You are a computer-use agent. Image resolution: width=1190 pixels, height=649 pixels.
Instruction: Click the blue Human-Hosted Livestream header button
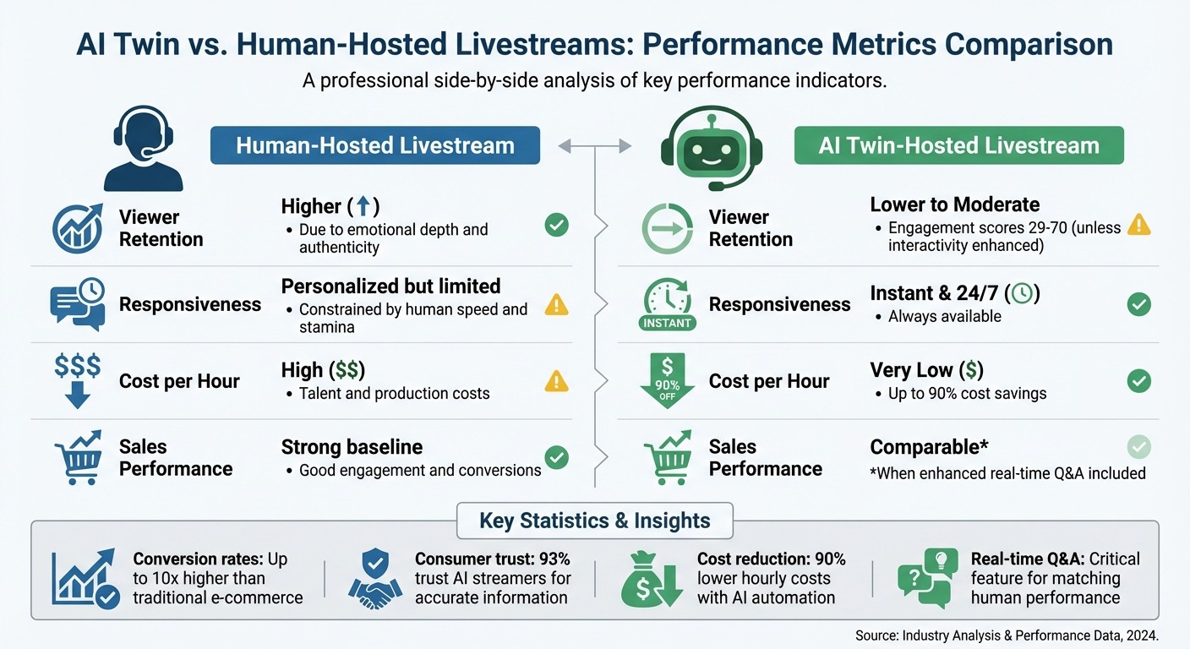pyautogui.click(x=374, y=145)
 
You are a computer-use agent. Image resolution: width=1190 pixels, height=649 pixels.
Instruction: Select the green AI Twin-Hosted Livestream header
pyautogui.click(x=958, y=145)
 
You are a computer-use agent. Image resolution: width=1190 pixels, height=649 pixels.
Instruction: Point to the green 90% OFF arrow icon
pyautogui.click(x=667, y=381)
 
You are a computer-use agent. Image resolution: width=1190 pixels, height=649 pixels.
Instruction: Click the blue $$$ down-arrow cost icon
pyautogui.click(x=77, y=381)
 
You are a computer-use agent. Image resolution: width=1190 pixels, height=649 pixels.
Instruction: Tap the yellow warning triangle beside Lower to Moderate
pyautogui.click(x=1139, y=225)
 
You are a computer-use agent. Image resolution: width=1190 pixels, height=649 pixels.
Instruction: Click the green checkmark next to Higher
pyautogui.click(x=556, y=225)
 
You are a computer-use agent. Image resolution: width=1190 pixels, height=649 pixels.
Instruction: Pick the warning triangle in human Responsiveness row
pyautogui.click(x=556, y=304)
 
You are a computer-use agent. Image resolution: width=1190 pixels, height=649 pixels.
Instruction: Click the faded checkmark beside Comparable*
pyautogui.click(x=1139, y=447)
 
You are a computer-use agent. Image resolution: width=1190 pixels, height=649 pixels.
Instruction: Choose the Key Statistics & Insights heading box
pyautogui.click(x=594, y=521)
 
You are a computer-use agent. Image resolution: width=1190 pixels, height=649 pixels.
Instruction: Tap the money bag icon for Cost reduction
pyautogui.click(x=651, y=580)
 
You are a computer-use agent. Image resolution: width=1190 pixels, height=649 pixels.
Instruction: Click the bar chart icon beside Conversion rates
pyautogui.click(x=84, y=580)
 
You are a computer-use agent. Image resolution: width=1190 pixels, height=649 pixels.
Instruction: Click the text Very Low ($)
pyautogui.click(x=926, y=370)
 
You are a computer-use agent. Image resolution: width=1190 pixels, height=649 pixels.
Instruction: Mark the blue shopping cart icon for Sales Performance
pyautogui.click(x=77, y=458)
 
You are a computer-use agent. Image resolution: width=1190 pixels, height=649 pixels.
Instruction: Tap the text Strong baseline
pyautogui.click(x=352, y=447)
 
